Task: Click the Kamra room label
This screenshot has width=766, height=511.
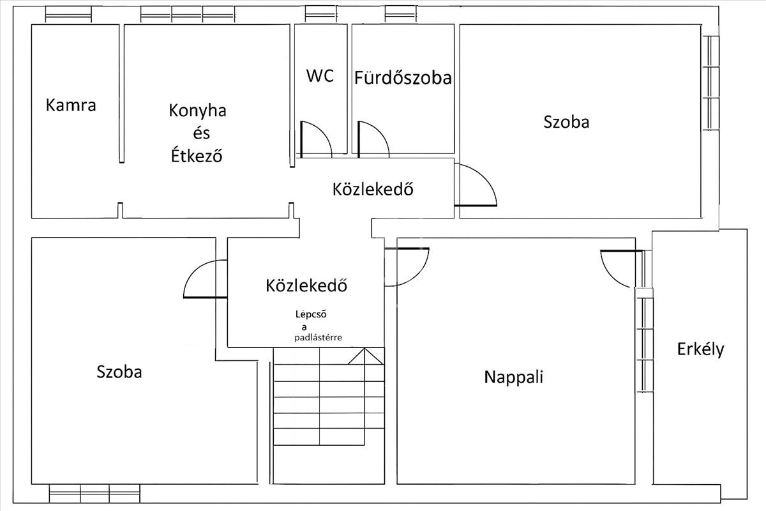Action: (71, 105)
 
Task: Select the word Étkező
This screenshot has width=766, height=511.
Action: (197, 155)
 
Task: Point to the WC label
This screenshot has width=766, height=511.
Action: (320, 75)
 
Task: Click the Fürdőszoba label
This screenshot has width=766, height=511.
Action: (403, 78)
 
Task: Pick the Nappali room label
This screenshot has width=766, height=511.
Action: (514, 377)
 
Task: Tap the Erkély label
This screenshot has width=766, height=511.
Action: (701, 349)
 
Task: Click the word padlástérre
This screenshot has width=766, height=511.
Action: (318, 338)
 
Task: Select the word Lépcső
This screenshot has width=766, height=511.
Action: (311, 314)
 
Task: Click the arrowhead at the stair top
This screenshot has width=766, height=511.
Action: (365, 356)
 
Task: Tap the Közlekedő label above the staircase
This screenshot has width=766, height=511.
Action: (306, 286)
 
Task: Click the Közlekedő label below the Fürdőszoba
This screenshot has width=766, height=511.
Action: (373, 189)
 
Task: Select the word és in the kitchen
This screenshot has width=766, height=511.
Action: (202, 133)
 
